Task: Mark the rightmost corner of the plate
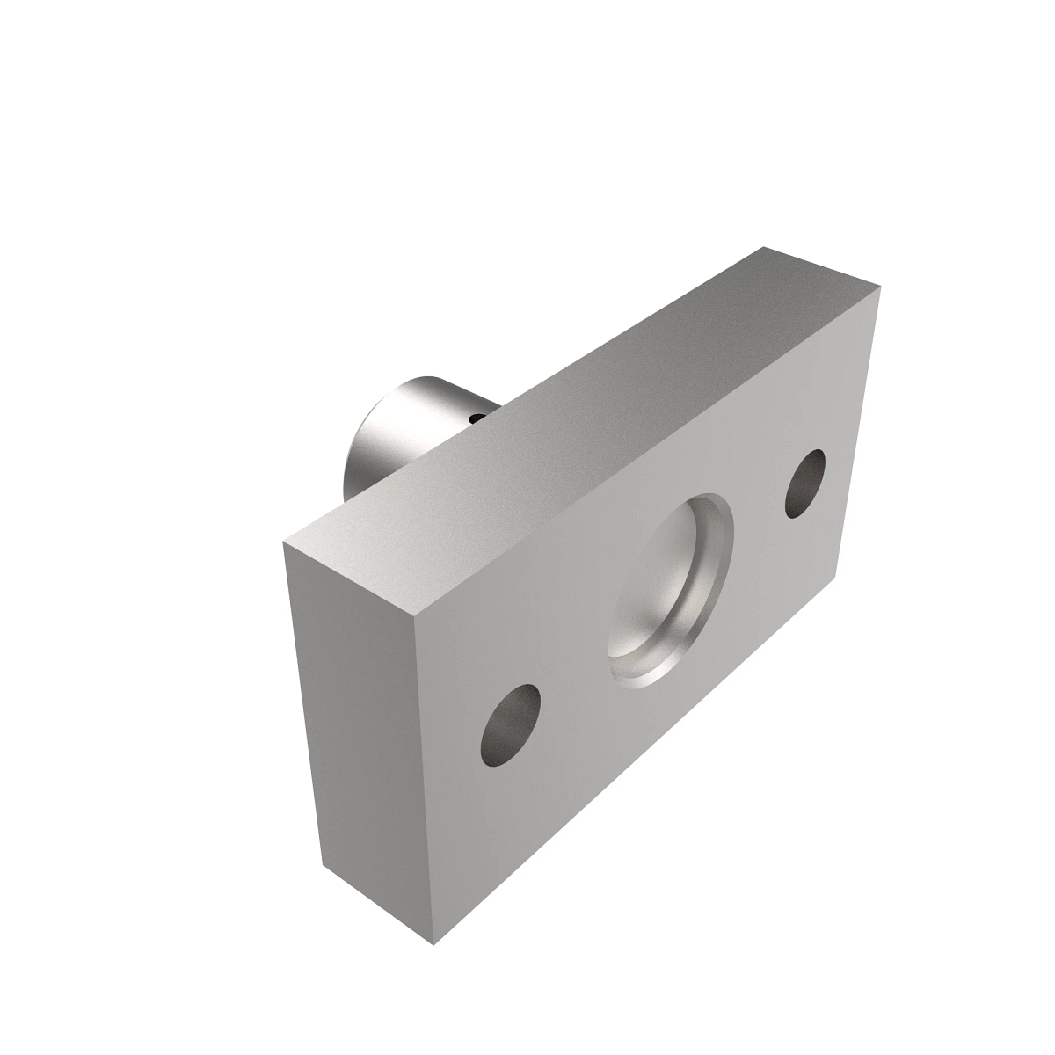point(880,287)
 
